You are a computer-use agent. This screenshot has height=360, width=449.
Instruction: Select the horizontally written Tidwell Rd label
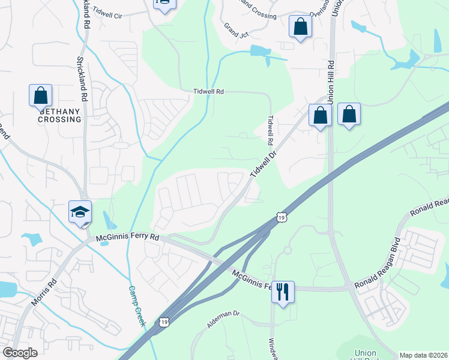[208, 92]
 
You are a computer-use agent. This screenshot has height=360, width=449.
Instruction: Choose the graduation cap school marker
[80, 212]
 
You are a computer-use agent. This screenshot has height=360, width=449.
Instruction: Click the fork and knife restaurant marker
[283, 292]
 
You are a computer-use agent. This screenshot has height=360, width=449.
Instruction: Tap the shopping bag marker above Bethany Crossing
[40, 95]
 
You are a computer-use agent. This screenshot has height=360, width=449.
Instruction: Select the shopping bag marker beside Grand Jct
[300, 27]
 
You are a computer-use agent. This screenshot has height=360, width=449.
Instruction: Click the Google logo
[20, 353]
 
